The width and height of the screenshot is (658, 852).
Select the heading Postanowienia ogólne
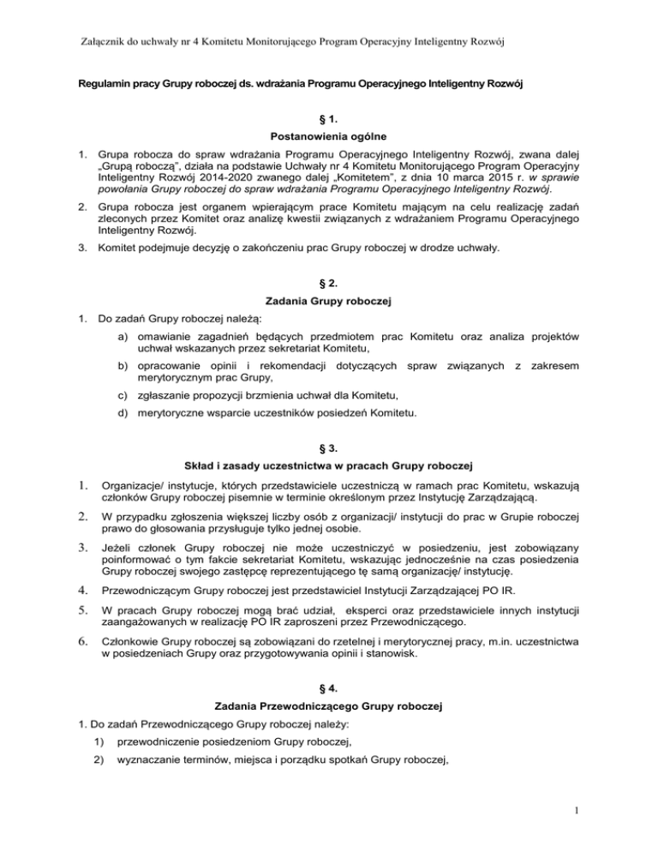pyautogui.click(x=329, y=137)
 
